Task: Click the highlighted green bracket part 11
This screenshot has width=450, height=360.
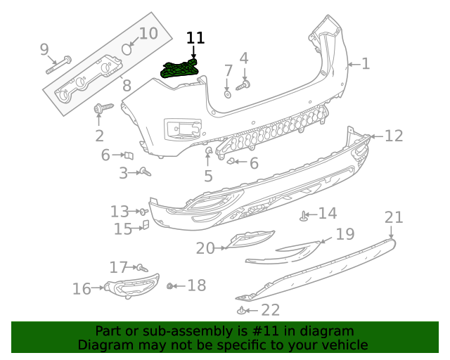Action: click(x=180, y=69)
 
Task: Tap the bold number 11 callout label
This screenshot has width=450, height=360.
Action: click(x=195, y=38)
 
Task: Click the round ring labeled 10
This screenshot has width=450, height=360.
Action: click(x=127, y=49)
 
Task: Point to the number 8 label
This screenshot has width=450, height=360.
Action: click(x=127, y=86)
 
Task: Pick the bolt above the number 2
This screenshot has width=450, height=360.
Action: click(x=101, y=109)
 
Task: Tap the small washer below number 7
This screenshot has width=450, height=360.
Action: click(x=228, y=93)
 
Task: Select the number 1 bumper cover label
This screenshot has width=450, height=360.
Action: click(x=365, y=64)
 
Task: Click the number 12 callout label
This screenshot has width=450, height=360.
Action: click(x=394, y=136)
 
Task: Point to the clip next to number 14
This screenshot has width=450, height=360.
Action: click(x=304, y=216)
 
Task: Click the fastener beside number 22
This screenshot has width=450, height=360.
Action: click(x=242, y=309)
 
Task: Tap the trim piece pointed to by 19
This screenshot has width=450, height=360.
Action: click(x=299, y=250)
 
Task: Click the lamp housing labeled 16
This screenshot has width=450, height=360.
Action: click(x=132, y=285)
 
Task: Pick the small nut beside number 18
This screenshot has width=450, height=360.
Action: click(x=170, y=285)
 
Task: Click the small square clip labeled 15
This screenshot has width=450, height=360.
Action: click(x=145, y=225)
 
